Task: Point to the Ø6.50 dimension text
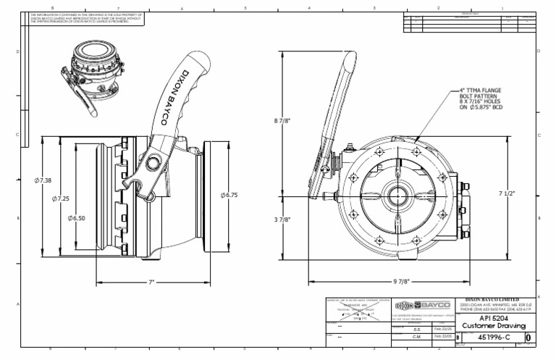pyautogui.click(x=77, y=217)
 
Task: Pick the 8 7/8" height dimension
pyautogui.click(x=283, y=121)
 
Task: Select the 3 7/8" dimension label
pyautogui.click(x=283, y=219)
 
